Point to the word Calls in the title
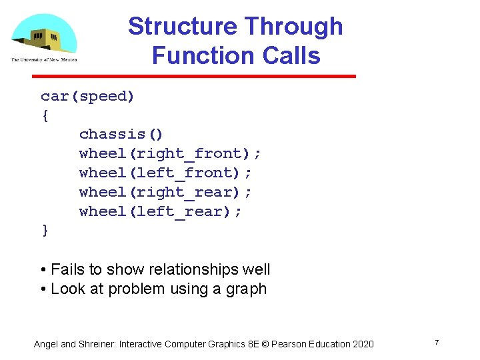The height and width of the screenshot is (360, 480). click(x=291, y=55)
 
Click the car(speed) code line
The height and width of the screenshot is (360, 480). click(x=87, y=97)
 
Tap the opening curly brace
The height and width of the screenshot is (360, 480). click(x=45, y=115)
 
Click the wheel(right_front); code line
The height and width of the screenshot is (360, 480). click(x=170, y=154)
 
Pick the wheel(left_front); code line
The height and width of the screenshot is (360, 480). click(x=165, y=173)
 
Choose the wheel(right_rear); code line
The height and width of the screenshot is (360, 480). click(x=165, y=193)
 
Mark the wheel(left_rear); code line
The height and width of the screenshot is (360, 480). click(x=161, y=212)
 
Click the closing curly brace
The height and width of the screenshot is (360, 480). click(x=45, y=231)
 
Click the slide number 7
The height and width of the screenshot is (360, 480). click(x=436, y=343)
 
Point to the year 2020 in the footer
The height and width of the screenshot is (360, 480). click(x=363, y=344)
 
